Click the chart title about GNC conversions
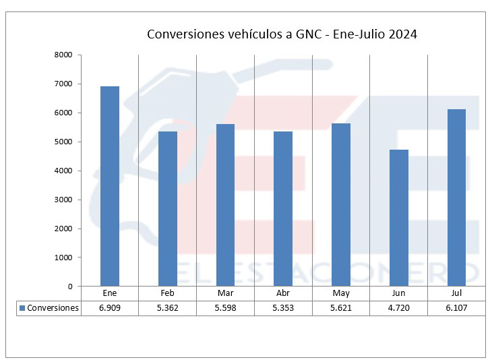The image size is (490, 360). [x=282, y=34]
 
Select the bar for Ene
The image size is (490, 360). [x=109, y=186]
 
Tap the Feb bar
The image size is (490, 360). [x=167, y=208]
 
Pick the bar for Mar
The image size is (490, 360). [x=225, y=205]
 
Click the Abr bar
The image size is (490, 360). [x=283, y=208]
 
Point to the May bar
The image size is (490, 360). [x=341, y=205]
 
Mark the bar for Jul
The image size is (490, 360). [x=456, y=198]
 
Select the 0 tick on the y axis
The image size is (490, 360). [x=69, y=287]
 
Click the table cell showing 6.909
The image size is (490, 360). [x=109, y=308]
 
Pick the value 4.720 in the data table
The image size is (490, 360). [x=398, y=308]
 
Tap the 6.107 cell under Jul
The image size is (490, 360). [x=456, y=308]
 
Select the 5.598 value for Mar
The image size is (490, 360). [x=225, y=308]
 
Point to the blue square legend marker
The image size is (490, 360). [x=22, y=308]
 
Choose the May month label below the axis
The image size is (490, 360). [x=341, y=294]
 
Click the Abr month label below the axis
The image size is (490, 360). [x=283, y=294]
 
